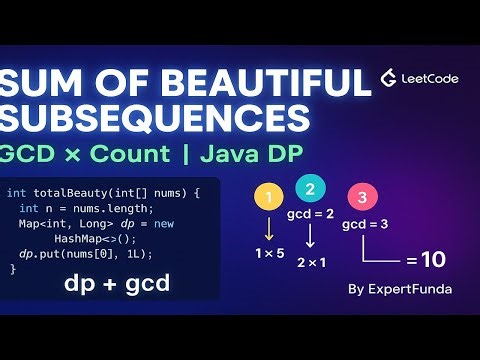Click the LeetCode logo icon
[390, 79]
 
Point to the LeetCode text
[432, 79]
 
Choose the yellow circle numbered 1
[267, 198]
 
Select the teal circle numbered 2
[311, 188]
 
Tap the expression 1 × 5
[269, 254]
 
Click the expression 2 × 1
[313, 262]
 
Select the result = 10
[425, 261]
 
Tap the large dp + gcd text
[116, 284]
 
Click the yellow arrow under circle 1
[267, 227]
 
